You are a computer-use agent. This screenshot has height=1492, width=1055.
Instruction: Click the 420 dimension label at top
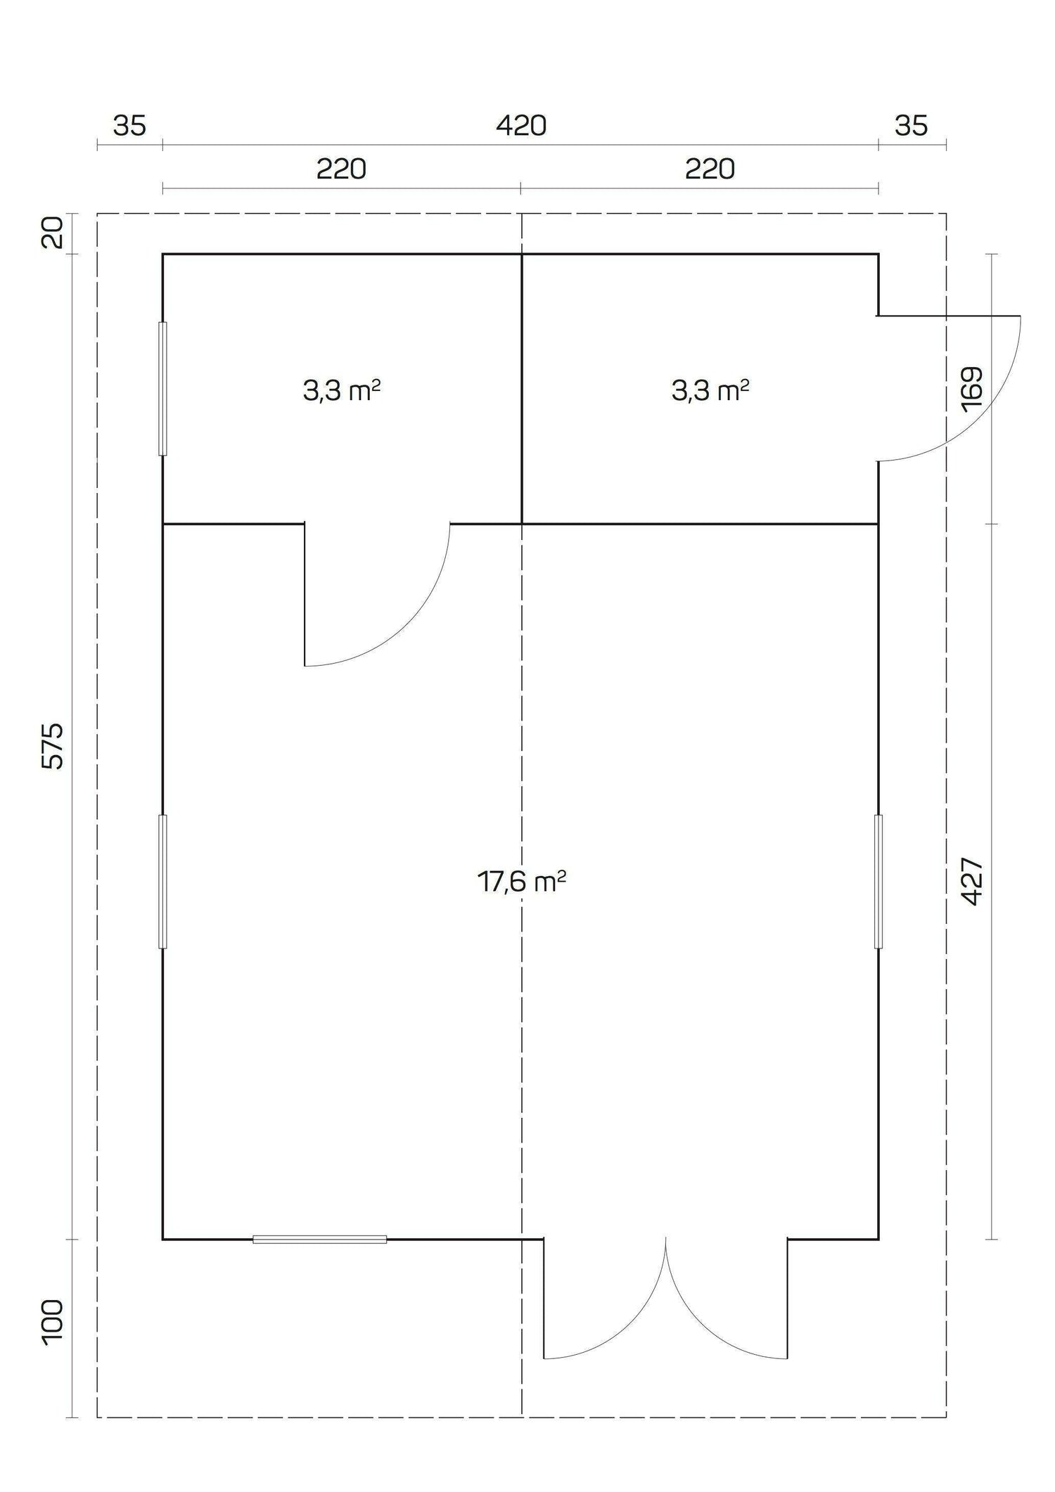[x=521, y=127]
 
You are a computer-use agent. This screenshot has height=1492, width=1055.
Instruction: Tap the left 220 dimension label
[x=341, y=169]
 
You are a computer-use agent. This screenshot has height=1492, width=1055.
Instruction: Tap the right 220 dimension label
[x=710, y=169]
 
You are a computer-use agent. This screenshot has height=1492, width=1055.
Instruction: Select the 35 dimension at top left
[x=129, y=127]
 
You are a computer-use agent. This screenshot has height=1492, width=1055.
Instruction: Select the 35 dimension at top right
[x=911, y=127]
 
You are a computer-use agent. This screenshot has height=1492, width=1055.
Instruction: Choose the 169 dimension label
[x=971, y=389]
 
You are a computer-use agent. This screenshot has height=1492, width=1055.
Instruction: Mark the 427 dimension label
[x=971, y=881]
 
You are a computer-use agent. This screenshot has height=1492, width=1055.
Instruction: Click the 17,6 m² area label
[x=522, y=881]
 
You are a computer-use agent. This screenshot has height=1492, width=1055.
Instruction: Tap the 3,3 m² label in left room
[x=342, y=390]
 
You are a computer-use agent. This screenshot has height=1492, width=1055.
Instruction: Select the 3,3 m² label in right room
[x=710, y=390]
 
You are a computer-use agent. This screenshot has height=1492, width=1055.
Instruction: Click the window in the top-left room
[x=162, y=389]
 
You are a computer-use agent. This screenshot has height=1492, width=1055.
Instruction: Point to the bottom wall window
[x=319, y=1239]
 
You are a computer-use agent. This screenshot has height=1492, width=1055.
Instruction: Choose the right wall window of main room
[x=878, y=881]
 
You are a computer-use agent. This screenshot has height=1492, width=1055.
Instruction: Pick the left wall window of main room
[x=162, y=881]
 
